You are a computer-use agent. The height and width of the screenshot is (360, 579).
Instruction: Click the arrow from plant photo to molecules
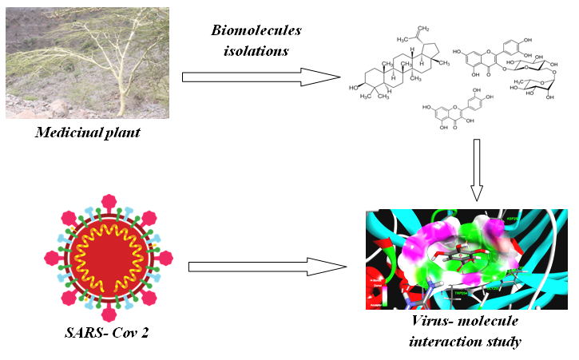(260, 77)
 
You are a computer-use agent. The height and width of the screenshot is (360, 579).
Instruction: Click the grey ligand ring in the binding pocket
(455, 259)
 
